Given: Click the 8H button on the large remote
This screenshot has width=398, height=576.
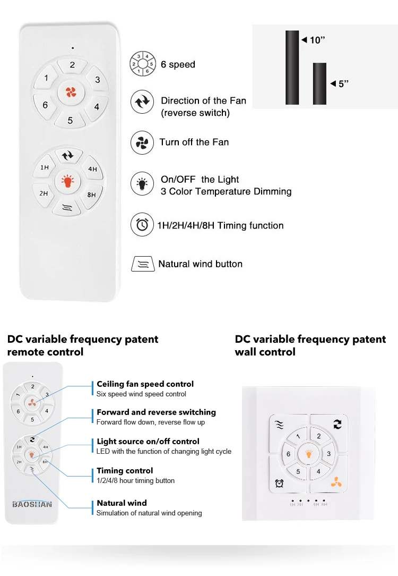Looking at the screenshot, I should click(x=92, y=195).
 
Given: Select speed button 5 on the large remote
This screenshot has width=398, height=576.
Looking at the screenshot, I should click(x=70, y=121).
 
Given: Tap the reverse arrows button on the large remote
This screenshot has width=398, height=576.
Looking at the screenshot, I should click(x=68, y=156).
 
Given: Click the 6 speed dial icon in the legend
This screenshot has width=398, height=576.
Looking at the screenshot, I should click(x=143, y=64).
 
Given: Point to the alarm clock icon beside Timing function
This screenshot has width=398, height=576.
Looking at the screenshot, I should click(x=142, y=225).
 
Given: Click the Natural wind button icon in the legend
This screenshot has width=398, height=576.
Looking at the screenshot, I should click(x=142, y=264).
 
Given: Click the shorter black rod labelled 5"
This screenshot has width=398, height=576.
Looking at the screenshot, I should click(x=319, y=83).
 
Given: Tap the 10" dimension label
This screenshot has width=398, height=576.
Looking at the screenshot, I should click(x=317, y=40).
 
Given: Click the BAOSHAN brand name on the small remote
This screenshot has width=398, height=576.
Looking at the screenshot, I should click(x=32, y=504).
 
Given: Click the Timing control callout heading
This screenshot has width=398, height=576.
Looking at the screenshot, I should click(x=125, y=471).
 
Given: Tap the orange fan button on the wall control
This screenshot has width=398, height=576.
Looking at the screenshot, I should click(x=335, y=482).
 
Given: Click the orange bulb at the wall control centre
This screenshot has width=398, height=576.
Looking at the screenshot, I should click(x=308, y=454).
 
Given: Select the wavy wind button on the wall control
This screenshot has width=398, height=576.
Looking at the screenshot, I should click(x=280, y=425).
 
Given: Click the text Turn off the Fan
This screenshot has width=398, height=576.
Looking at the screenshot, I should click(x=194, y=142).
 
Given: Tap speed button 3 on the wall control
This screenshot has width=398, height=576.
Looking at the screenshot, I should click(x=328, y=454).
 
